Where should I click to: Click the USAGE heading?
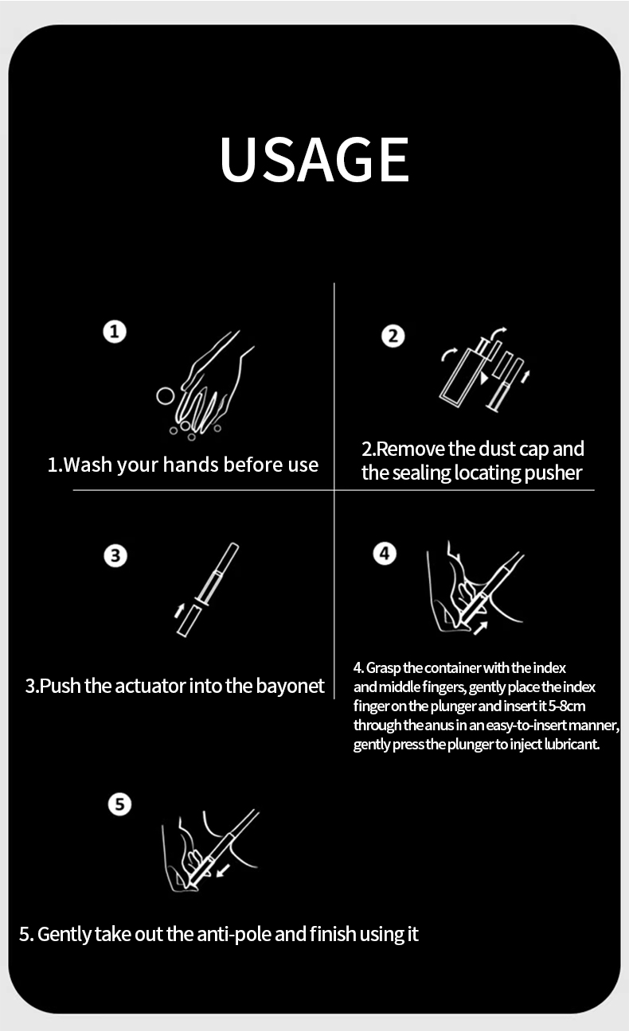click(x=314, y=159)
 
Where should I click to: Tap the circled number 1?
click(x=115, y=332)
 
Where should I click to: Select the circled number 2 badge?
click(x=393, y=336)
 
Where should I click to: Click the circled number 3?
click(x=115, y=555)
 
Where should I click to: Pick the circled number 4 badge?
click(x=385, y=554)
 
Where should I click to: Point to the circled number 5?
click(x=119, y=804)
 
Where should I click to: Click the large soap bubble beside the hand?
click(x=166, y=396)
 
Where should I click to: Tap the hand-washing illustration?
click(x=205, y=385)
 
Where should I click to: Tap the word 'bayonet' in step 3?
click(x=291, y=687)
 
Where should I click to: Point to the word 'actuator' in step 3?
click(x=150, y=687)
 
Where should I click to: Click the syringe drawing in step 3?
click(x=207, y=589)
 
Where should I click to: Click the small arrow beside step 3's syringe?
click(x=179, y=610)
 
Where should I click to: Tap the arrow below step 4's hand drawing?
click(x=480, y=628)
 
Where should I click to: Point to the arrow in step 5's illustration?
click(x=223, y=870)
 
